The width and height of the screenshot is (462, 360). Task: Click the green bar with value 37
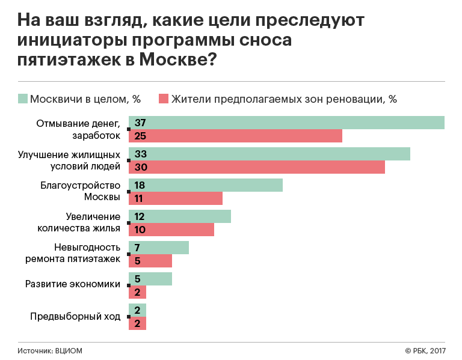(x=286, y=123)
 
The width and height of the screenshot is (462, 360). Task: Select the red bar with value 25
(x=235, y=136)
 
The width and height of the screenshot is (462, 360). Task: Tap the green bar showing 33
(x=269, y=154)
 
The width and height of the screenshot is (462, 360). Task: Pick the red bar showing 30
(x=257, y=167)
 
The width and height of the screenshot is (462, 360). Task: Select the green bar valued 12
(x=180, y=216)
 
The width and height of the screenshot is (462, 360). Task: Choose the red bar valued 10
(x=171, y=230)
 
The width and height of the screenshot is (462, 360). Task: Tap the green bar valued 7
(x=159, y=248)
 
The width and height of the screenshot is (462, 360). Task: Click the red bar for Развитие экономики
(x=138, y=292)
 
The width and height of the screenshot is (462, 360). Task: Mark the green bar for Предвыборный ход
(x=138, y=310)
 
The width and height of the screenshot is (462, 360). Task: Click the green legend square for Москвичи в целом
(x=23, y=99)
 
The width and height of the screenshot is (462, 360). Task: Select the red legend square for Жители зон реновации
(x=163, y=99)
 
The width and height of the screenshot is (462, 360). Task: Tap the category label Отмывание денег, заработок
(x=78, y=129)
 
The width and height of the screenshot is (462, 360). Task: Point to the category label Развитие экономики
(x=72, y=285)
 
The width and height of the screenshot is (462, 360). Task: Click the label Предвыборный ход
(x=75, y=316)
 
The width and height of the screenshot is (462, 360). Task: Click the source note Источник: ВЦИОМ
(x=49, y=350)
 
